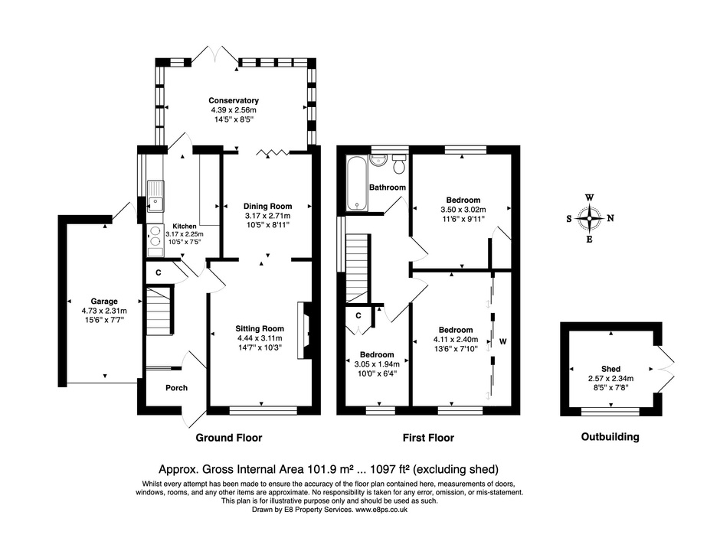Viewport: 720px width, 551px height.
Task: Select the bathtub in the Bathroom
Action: point(356,183)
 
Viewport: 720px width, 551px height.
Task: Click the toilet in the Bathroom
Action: point(398,165)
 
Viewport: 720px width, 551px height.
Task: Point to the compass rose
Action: point(589,218)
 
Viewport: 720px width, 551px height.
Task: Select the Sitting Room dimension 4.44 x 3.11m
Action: point(259,338)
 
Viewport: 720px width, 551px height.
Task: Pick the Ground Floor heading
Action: point(229,438)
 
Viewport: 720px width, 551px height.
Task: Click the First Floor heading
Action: point(428,438)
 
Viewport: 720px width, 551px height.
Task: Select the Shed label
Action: point(610,369)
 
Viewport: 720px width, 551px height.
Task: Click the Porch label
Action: point(176,388)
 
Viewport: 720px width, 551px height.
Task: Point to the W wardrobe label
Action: point(502,340)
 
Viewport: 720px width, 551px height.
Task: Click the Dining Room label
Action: point(267,206)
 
